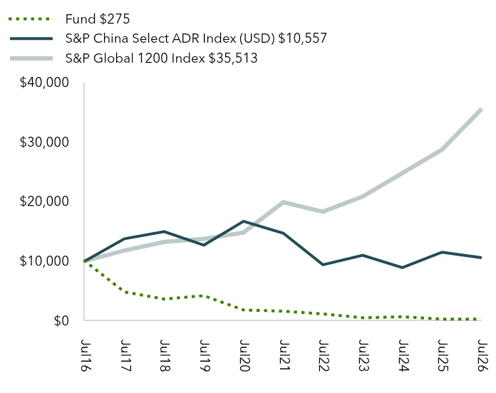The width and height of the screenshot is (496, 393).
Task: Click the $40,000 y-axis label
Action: point(44,82)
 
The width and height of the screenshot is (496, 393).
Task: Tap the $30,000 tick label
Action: point(44,142)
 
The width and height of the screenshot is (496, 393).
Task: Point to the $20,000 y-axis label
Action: point(44,201)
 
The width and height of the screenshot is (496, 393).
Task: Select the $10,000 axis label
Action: point(44,261)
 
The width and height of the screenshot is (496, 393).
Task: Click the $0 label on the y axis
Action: point(61,320)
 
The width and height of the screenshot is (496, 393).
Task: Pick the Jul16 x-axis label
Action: point(86,355)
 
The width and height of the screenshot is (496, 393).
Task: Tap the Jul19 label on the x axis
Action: point(205,355)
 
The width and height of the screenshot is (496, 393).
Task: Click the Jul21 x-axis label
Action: point(284,355)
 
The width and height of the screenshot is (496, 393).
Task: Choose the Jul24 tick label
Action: point(403,355)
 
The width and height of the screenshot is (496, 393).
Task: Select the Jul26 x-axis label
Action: point(482,355)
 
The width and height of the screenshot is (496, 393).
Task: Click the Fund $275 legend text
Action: point(98,19)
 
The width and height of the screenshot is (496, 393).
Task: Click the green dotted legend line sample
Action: point(30,19)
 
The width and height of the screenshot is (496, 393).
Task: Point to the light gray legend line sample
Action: point(31,58)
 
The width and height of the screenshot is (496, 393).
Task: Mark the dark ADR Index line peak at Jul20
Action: point(244,221)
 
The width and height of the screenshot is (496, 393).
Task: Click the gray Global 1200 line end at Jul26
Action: point(481,110)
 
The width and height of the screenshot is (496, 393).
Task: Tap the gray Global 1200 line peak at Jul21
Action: point(283,202)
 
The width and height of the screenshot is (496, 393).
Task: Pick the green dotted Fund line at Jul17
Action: point(125,292)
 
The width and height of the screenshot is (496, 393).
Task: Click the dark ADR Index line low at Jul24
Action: point(402,268)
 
